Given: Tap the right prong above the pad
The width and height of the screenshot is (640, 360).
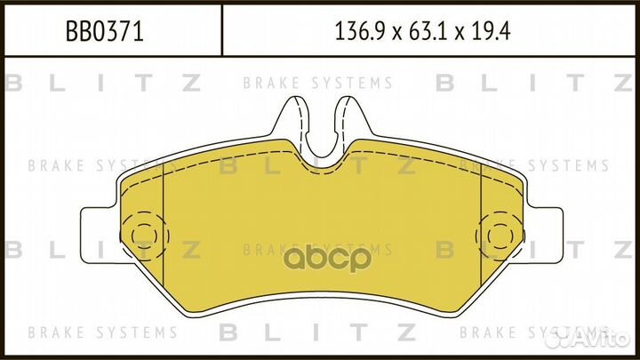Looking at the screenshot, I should click(348, 120).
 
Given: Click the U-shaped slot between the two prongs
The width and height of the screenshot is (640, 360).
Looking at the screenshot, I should click(320, 133).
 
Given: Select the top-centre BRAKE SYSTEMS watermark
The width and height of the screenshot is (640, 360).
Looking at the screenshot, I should click(317, 84).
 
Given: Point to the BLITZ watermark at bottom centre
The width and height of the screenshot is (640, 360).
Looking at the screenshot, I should click(317, 332).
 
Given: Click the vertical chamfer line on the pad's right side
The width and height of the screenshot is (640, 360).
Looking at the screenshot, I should click(481, 231).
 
